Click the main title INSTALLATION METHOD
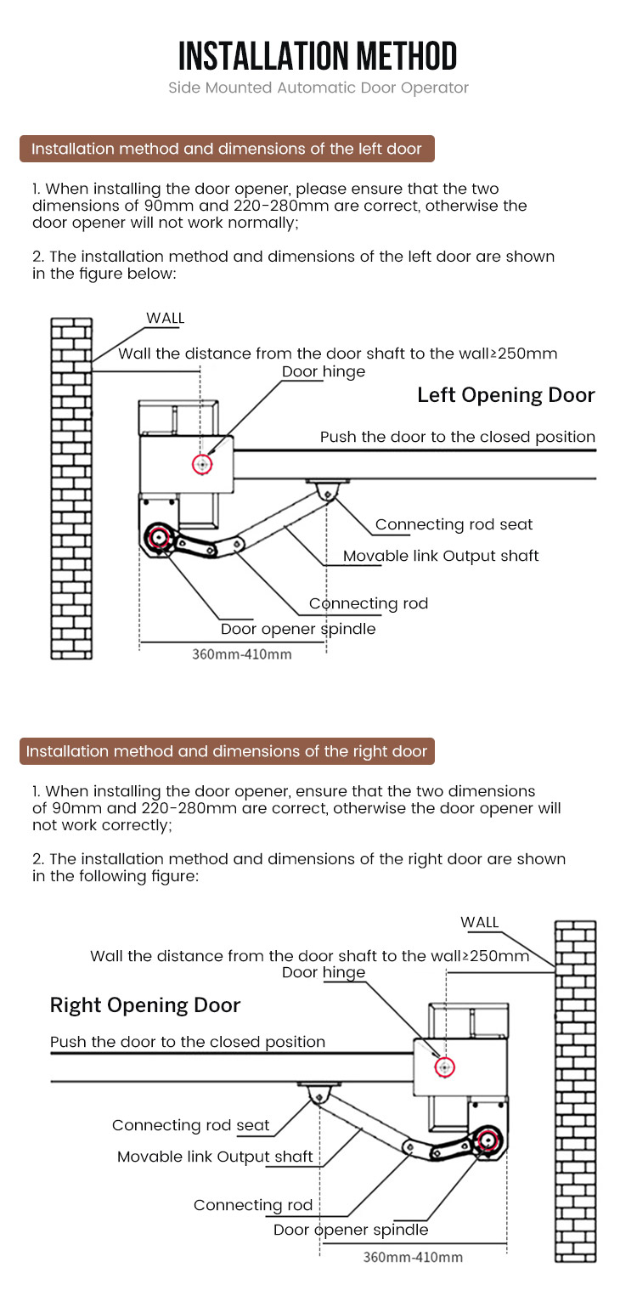[318, 56]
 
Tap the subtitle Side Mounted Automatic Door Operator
[318, 88]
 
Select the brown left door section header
[227, 149]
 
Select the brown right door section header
[227, 751]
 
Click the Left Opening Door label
[506, 395]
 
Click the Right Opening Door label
[145, 1005]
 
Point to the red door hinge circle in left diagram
[202, 464]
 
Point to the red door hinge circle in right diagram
[443, 1067]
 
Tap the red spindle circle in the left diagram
[158, 537]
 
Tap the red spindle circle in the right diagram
[488, 1140]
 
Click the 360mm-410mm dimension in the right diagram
[413, 1257]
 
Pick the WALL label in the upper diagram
[165, 319]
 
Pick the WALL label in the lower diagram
[479, 922]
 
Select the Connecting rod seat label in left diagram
[454, 525]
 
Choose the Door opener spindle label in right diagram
[351, 1230]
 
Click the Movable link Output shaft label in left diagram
[441, 556]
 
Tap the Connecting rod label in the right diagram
[253, 1205]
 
